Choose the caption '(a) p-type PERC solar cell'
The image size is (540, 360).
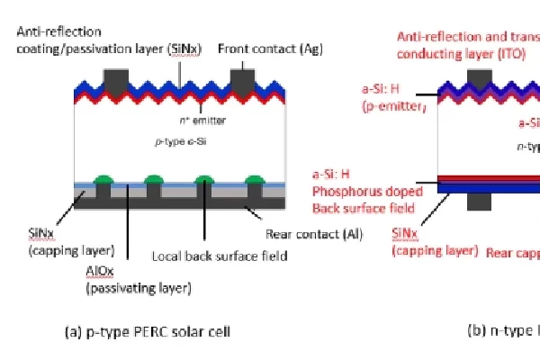(x=148, y=331)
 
